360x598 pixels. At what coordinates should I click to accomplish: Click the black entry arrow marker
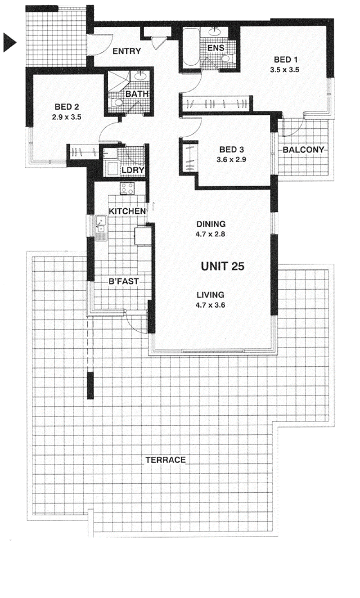tap(9, 42)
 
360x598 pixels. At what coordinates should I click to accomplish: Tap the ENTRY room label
tap(126, 51)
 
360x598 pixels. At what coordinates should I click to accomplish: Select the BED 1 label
tap(285, 59)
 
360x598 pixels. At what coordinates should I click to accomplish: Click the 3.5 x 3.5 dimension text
tap(284, 70)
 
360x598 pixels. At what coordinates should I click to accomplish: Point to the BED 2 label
tap(67, 107)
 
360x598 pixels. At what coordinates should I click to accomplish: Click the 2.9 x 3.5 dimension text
tap(67, 117)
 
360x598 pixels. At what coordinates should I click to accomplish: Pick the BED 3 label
tap(232, 149)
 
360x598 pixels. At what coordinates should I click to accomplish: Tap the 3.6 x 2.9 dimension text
tap(231, 160)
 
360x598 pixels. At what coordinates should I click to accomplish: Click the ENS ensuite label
tap(216, 48)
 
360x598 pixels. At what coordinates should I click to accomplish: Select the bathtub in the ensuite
tap(191, 48)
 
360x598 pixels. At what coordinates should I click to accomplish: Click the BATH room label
tap(137, 94)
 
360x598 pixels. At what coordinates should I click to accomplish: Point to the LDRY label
tap(133, 170)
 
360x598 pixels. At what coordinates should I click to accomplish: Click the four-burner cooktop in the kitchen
tap(127, 188)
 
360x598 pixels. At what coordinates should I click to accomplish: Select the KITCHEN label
tap(127, 211)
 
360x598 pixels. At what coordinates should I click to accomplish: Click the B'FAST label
tap(124, 281)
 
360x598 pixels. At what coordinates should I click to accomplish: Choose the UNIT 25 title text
tap(222, 266)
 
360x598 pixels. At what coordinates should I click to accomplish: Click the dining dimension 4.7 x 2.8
tap(210, 234)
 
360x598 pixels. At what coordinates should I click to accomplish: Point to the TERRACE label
tap(166, 460)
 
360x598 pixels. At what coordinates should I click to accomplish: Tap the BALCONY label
tap(303, 149)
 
